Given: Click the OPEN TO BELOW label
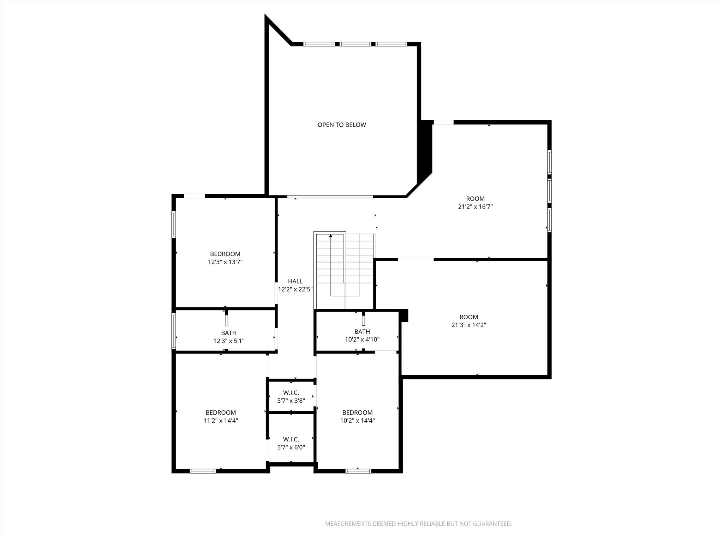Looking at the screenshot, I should (341, 125).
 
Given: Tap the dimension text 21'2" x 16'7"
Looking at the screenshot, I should (475, 207).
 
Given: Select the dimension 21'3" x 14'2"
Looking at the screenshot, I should (468, 325).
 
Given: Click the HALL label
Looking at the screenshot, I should (295, 281).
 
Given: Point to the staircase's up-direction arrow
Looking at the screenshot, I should (330, 236).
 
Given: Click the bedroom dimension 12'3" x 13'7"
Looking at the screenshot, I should (225, 262).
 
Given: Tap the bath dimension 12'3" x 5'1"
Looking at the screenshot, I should (229, 341).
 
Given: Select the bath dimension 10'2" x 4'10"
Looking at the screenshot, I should (362, 339).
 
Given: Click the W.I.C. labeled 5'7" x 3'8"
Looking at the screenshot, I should (291, 397).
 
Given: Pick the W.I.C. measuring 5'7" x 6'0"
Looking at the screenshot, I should (291, 443).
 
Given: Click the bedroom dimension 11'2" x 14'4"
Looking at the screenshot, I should (221, 421).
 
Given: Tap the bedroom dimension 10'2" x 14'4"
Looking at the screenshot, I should (357, 421).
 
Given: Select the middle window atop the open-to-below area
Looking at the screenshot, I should (355, 44).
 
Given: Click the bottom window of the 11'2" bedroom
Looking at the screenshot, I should (203, 471).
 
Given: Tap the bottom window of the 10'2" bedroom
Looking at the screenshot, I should (358, 471).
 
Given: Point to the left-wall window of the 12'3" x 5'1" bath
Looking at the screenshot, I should (174, 331).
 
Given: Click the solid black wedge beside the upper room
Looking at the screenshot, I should (425, 150).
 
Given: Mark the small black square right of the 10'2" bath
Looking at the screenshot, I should (405, 315).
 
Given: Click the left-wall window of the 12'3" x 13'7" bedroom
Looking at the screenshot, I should (174, 224).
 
